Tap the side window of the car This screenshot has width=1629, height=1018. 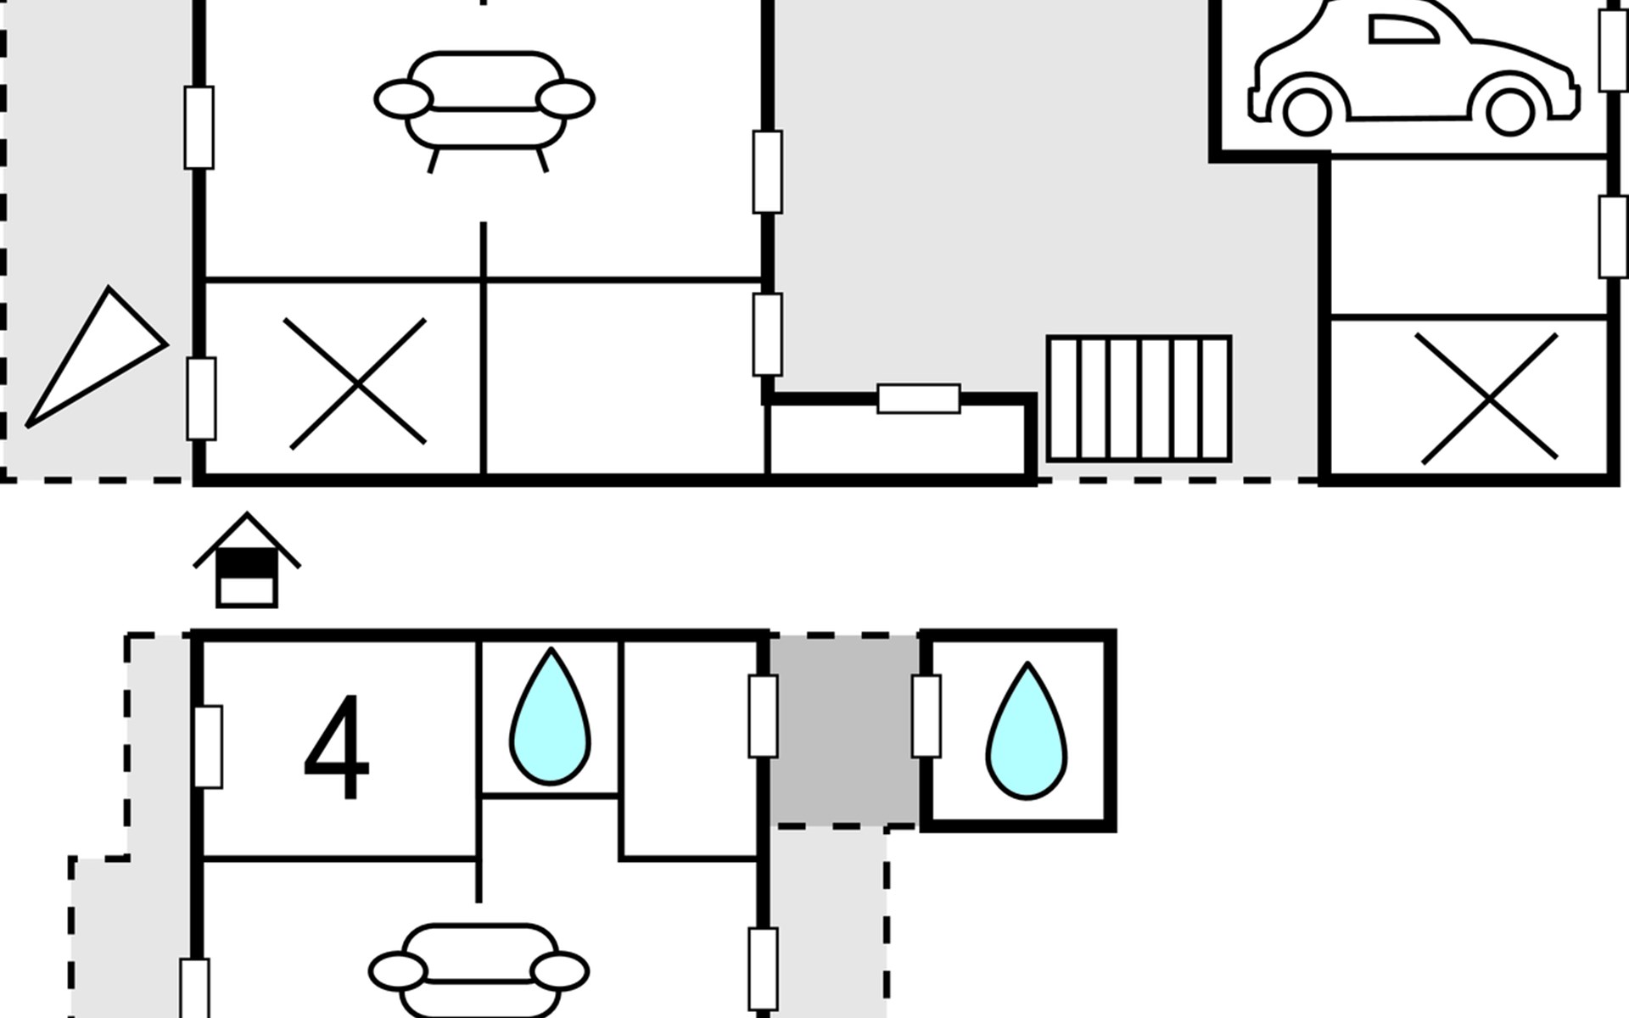click(x=1402, y=31)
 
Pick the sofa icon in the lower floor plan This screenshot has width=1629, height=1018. click(x=479, y=971)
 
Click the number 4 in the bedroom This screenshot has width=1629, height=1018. click(x=337, y=747)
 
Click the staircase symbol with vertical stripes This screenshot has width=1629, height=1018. click(x=1139, y=399)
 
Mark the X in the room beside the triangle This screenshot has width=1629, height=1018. click(x=356, y=383)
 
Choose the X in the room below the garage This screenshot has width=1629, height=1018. click(x=1488, y=399)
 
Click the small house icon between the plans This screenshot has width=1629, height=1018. click(x=247, y=562)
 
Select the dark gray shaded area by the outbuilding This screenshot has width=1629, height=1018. click(x=843, y=730)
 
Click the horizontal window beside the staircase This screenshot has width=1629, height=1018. click(x=918, y=399)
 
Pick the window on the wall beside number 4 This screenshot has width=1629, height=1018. click(x=209, y=747)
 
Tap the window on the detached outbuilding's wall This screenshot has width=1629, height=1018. click(x=926, y=716)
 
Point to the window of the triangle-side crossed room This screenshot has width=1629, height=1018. click(x=201, y=399)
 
